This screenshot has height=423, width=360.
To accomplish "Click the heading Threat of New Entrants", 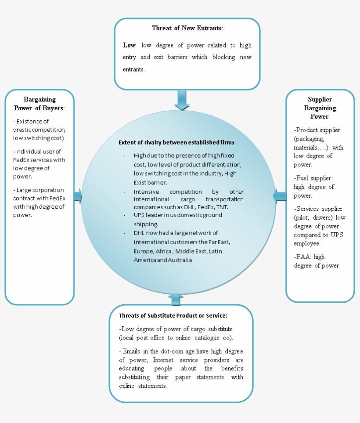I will coord(187,28).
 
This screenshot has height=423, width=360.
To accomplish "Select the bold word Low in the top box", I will coord(129,45).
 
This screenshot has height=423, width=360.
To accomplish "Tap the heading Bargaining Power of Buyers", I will coord(40,104).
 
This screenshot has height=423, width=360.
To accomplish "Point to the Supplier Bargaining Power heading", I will coord(320,108).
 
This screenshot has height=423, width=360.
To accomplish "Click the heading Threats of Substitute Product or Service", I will coord(173,315).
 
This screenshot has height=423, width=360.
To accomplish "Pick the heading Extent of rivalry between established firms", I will coord(177,142).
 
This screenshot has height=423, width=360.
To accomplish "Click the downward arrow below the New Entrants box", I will coord(181,100).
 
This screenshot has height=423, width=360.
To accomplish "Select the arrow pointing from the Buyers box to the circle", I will coord(78,196).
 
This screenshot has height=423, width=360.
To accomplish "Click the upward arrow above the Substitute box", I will coord(176,300).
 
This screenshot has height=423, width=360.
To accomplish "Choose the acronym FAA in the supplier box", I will coord(303,257).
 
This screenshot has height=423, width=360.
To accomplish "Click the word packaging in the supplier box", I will coord(309,139).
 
